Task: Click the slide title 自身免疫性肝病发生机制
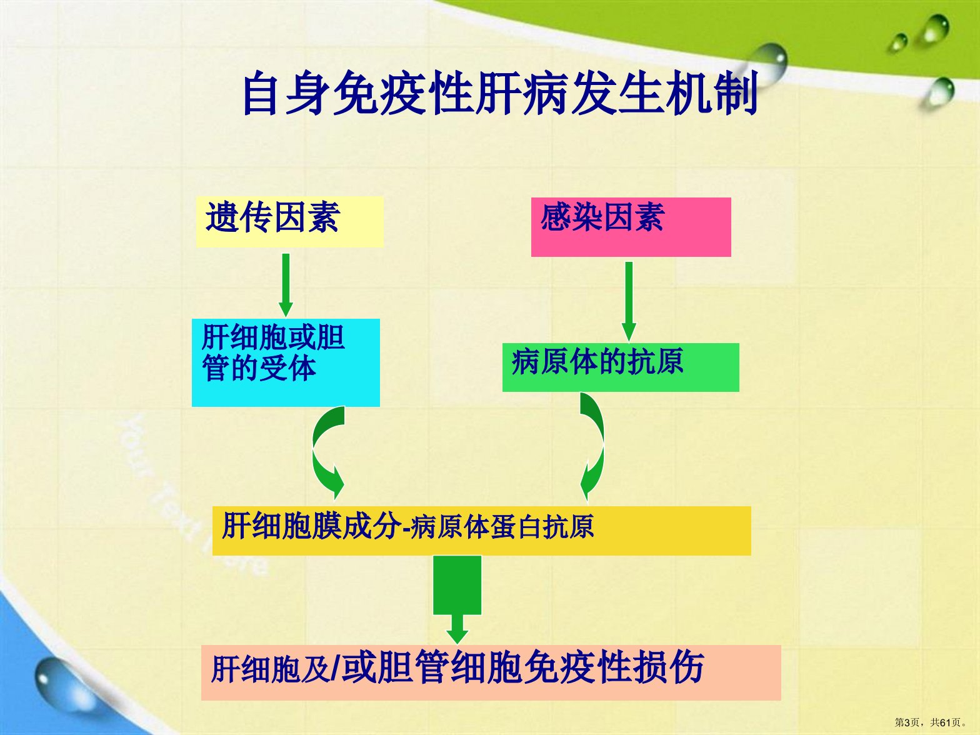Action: tap(500, 94)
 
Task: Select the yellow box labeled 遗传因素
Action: tap(290, 222)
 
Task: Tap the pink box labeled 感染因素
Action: tap(631, 227)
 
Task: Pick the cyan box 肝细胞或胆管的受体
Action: tap(286, 362)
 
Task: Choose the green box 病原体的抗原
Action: tap(621, 367)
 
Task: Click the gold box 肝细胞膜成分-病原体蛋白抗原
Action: tap(482, 531)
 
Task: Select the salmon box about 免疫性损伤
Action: tap(491, 672)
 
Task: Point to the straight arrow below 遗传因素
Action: tap(286, 285)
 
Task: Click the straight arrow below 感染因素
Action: tap(629, 302)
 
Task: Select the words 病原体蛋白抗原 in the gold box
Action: tap(502, 527)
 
